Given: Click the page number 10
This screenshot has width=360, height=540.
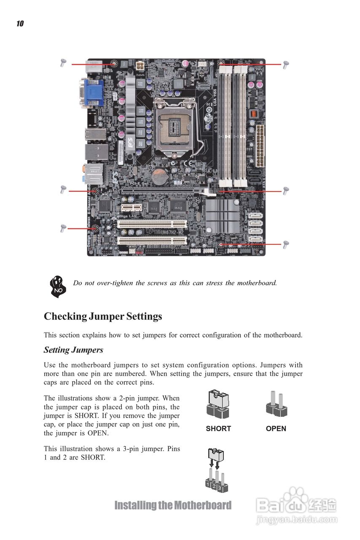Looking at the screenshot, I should click(20, 24).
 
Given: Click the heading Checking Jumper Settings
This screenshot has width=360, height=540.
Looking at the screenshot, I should click(103, 316).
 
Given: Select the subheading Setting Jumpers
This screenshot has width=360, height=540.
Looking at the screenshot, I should click(73, 350).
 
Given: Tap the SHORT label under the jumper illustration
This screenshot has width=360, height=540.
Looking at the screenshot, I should click(218, 429).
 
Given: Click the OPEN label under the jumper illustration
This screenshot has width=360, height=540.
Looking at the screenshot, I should click(276, 429).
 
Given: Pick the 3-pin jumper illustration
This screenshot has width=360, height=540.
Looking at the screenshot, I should click(216, 470).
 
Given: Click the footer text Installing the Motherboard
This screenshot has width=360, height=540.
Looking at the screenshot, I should click(173, 505).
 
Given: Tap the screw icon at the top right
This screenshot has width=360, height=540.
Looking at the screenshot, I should click(285, 65).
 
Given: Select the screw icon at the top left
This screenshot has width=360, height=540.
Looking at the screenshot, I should click(63, 63).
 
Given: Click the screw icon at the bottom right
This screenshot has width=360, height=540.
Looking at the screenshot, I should click(286, 244).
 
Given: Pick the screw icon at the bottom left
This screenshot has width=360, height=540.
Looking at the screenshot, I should click(63, 228).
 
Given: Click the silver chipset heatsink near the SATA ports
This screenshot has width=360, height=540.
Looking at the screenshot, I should click(222, 216).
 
